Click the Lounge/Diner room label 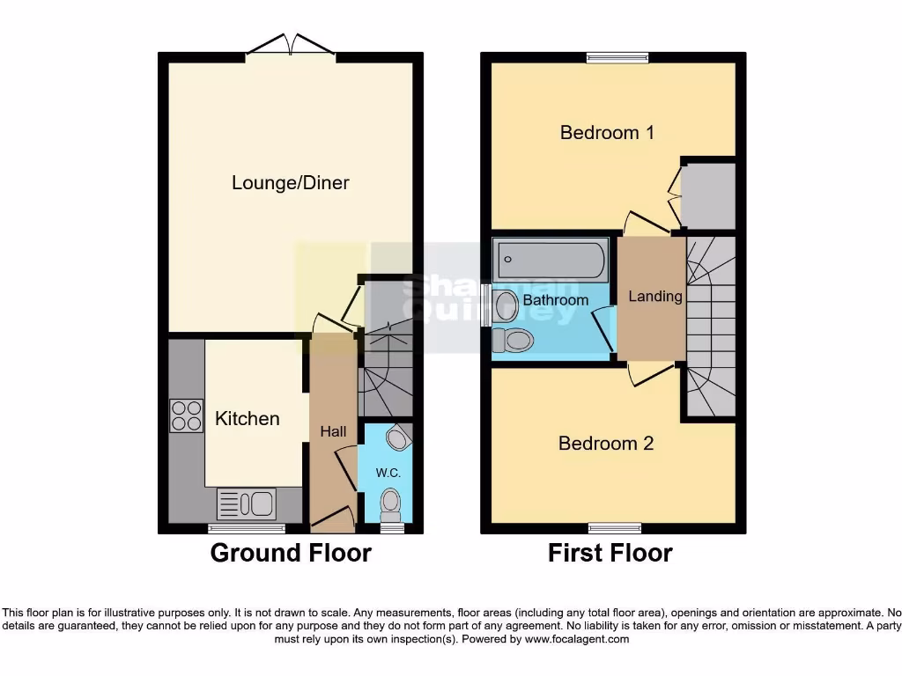click(291, 183)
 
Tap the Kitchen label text click(248, 418)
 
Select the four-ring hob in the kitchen click(186, 415)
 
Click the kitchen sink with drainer click(247, 503)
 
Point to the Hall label click(333, 431)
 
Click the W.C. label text click(388, 473)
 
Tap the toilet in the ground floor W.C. click(389, 504)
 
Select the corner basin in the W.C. click(399, 437)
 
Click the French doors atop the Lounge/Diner click(290, 47)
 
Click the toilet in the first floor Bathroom click(513, 340)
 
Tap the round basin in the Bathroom click(506, 306)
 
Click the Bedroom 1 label click(607, 133)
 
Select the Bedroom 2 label click(606, 443)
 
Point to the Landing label click(654, 297)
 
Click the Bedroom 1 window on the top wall click(617, 59)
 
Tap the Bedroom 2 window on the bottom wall click(615, 528)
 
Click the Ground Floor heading click(291, 553)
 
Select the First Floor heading click(610, 553)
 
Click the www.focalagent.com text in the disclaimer click(576, 639)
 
